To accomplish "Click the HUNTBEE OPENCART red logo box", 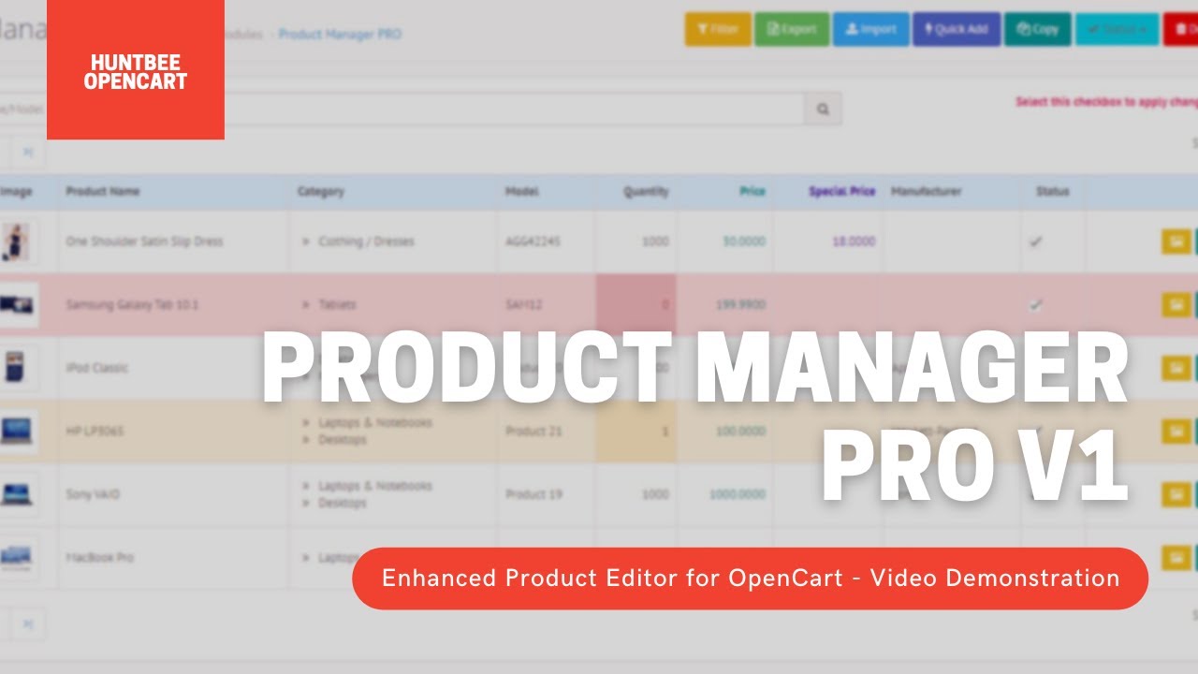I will (x=136, y=70).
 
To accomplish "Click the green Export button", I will (x=791, y=29).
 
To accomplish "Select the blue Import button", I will (x=870, y=29).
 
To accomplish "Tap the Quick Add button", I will (x=956, y=29).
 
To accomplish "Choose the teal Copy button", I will (x=1037, y=29).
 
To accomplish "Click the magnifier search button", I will (x=823, y=109).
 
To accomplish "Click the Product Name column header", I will (x=103, y=192).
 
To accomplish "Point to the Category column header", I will (x=321, y=192).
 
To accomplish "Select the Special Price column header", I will (x=841, y=192).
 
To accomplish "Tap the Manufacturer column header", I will (x=926, y=192).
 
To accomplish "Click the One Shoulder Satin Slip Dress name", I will (x=144, y=242).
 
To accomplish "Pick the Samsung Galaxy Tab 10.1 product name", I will (x=132, y=305).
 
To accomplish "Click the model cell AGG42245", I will (x=533, y=242).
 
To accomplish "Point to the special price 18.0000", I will (x=853, y=242).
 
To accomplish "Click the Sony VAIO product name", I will (x=93, y=494).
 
